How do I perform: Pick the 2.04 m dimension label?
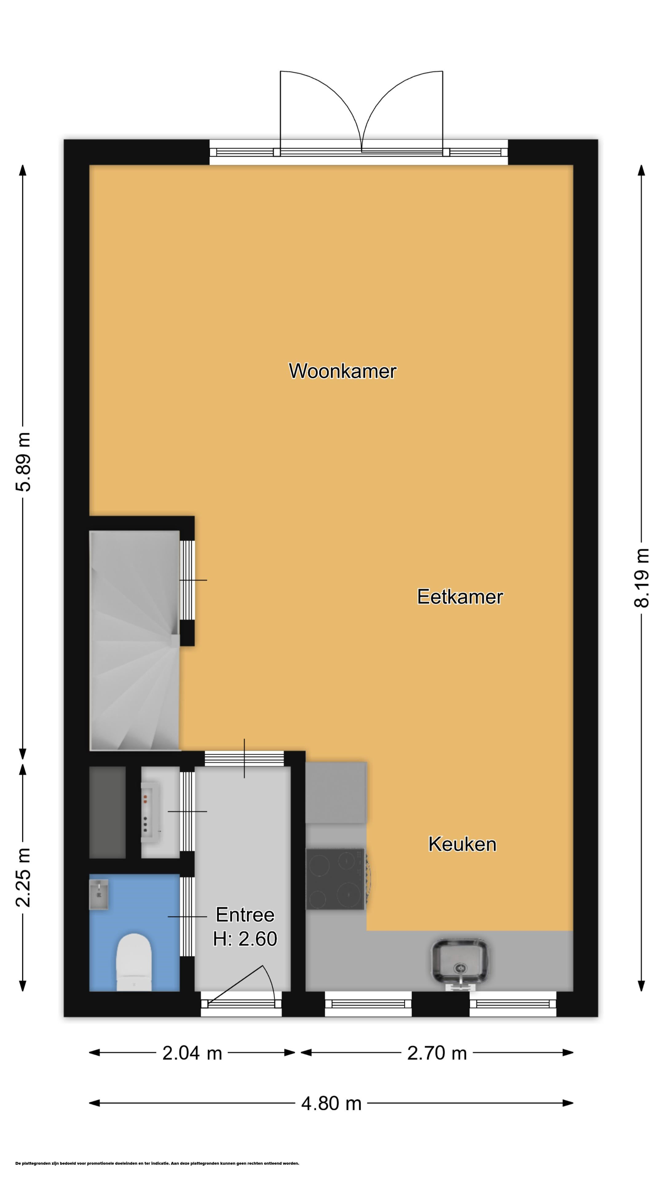[192, 1053]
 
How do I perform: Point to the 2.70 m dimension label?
[437, 1053]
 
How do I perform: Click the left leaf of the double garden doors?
[321, 110]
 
